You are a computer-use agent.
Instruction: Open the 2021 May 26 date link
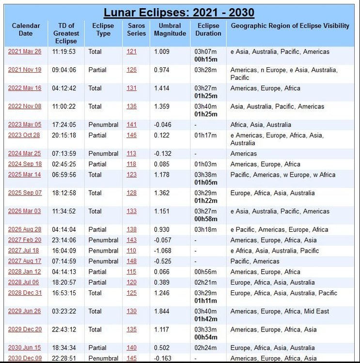tap(24, 52)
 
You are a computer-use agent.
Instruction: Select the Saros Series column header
tap(137, 30)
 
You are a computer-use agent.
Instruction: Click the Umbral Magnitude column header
tap(170, 30)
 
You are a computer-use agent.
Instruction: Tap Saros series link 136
tap(132, 106)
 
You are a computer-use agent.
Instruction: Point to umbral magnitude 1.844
tap(162, 312)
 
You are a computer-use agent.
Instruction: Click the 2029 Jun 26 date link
tap(24, 312)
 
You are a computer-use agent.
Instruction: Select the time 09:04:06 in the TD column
tap(64, 70)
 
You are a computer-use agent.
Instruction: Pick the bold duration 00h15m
tap(206, 60)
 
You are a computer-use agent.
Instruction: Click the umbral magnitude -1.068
tap(164, 251)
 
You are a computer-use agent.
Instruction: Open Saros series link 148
tap(132, 261)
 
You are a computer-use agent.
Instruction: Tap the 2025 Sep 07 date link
tap(25, 193)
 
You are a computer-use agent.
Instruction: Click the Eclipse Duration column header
tap(208, 30)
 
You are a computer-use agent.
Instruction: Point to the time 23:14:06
tap(64, 240)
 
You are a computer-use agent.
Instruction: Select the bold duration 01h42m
tap(206, 319)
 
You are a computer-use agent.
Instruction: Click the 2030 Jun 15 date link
tap(24, 348)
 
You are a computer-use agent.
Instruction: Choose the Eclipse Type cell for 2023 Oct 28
tap(97, 136)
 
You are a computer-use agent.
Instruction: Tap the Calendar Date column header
tap(26, 30)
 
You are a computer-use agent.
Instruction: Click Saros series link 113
tap(132, 153)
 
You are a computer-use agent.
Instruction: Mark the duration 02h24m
tap(205, 348)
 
